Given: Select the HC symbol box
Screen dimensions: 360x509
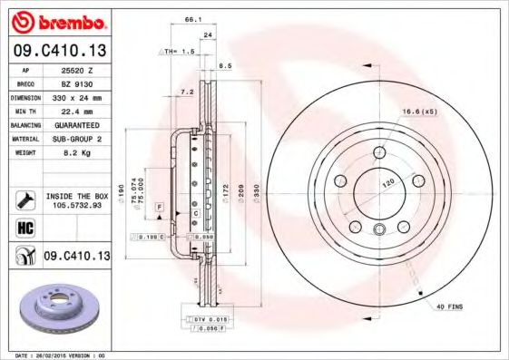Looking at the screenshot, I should click(24, 228).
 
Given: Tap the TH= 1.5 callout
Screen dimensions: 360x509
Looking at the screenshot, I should click(181, 53).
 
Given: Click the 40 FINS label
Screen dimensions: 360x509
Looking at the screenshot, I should click(447, 307).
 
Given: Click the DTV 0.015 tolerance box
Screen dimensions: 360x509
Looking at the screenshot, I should click(208, 320).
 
